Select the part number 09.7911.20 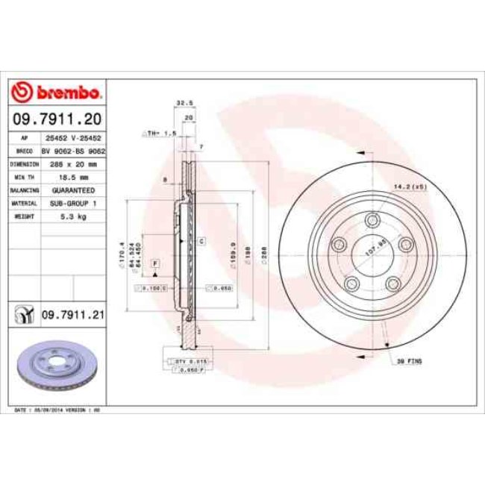click(58, 119)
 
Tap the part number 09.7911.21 click(73, 316)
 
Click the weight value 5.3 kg click(73, 216)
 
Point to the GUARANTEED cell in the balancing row click(73, 190)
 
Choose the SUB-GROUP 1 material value click(73, 203)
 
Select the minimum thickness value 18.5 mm click(73, 178)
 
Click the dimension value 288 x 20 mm click(73, 164)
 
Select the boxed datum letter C click(201, 240)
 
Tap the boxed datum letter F click(155, 264)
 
